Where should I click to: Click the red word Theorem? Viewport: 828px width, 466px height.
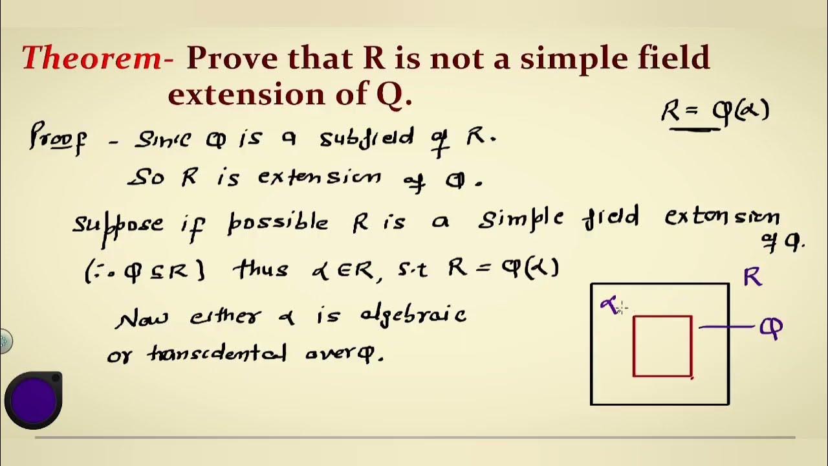click(x=93, y=58)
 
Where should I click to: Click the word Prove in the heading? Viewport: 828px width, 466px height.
click(x=232, y=58)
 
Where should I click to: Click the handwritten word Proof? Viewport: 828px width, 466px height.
click(x=57, y=139)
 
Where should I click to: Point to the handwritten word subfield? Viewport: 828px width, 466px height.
click(x=366, y=139)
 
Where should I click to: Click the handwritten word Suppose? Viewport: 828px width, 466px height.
click(x=118, y=224)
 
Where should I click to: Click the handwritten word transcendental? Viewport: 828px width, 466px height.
click(x=217, y=353)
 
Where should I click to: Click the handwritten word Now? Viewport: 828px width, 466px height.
click(x=142, y=318)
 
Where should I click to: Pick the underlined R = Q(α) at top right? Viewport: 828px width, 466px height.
click(x=715, y=112)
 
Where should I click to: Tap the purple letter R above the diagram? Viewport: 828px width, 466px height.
click(x=752, y=277)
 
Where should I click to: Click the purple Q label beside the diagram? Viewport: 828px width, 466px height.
click(x=772, y=328)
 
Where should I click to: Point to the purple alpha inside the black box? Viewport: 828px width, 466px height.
click(x=609, y=305)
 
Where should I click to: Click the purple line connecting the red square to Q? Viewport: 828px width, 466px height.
click(x=728, y=327)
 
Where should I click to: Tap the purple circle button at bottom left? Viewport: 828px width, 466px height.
click(x=33, y=399)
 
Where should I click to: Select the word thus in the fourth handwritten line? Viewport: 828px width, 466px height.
click(x=260, y=269)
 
